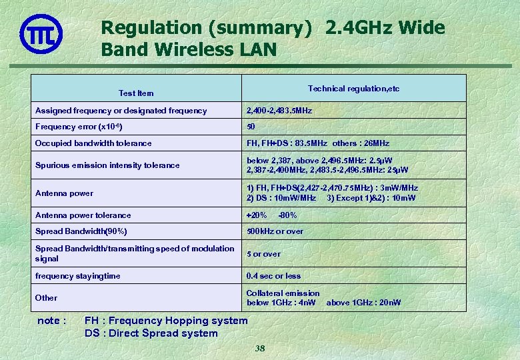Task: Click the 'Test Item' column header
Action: click(136, 93)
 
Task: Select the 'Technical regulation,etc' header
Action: click(353, 89)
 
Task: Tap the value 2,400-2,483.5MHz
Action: click(279, 111)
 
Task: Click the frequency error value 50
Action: click(251, 127)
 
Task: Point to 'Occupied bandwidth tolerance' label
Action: click(93, 143)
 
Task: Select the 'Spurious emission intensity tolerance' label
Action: click(107, 165)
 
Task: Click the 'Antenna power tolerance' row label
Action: click(83, 215)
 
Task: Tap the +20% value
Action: click(257, 215)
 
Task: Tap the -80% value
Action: click(287, 215)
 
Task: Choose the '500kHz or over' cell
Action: click(275, 231)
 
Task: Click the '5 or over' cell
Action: click(263, 254)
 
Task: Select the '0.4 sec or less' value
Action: click(273, 276)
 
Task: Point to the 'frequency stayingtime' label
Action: click(78, 276)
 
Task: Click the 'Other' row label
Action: click(46, 298)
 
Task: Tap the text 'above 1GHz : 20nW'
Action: click(364, 303)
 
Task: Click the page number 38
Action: click(260, 349)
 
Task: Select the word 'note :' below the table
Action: click(51, 321)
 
